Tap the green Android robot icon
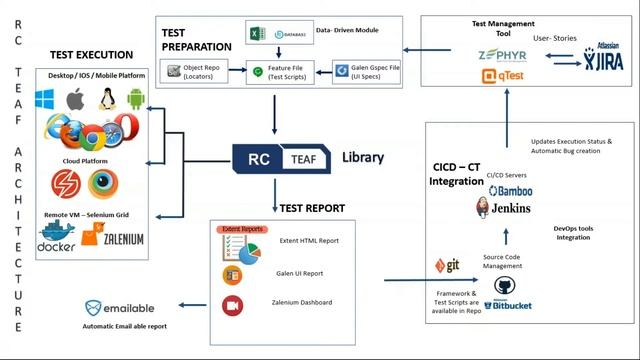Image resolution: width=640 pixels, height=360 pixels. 136,100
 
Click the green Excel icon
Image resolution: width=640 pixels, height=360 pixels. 256,34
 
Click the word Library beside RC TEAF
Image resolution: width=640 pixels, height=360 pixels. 362,158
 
